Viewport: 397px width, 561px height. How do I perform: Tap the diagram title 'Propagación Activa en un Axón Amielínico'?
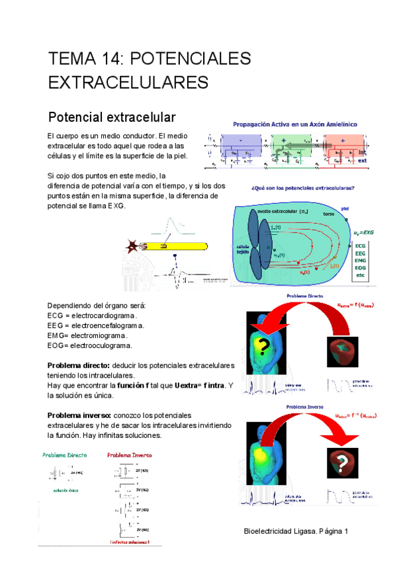click(295, 124)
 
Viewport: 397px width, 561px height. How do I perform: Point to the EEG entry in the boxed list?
click(361, 252)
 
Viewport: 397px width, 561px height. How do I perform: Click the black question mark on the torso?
click(264, 346)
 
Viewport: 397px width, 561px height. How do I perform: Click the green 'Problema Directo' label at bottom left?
click(65, 455)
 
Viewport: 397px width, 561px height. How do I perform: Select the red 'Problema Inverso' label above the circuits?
click(130, 455)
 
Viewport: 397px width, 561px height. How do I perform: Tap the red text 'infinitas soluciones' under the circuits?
click(130, 542)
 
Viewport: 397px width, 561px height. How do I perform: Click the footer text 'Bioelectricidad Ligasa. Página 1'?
click(296, 531)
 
